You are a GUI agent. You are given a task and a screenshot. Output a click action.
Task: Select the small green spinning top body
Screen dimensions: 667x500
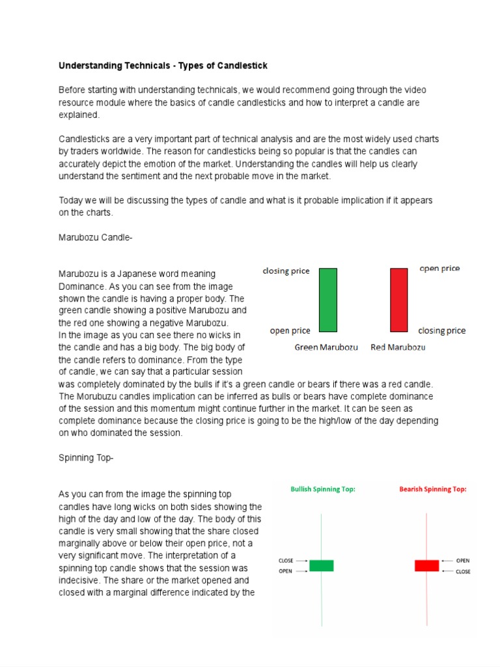pos(321,565)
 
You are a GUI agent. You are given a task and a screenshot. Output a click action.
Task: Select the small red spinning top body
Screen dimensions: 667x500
pos(426,565)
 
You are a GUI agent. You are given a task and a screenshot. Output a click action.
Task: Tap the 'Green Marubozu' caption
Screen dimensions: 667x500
pos(326,347)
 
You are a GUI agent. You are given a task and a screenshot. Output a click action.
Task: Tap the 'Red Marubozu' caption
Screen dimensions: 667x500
pos(398,347)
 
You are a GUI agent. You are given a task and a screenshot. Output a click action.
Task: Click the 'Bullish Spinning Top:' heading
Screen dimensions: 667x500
pos(323,489)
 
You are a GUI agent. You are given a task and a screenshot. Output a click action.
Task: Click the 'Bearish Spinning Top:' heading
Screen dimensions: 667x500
pos(433,489)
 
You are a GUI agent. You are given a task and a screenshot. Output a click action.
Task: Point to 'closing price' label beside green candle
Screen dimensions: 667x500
pos(286,271)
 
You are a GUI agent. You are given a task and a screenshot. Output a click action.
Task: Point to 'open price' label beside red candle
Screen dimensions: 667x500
pos(439,268)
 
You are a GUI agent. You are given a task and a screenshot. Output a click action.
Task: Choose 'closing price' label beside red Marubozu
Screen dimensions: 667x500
pos(441,330)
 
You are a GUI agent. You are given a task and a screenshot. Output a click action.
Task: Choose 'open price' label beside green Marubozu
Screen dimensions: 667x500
pos(290,331)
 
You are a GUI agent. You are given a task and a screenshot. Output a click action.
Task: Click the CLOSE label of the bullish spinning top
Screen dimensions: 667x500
pos(285,560)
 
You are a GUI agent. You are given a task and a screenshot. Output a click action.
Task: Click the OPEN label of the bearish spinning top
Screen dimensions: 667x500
pos(463,560)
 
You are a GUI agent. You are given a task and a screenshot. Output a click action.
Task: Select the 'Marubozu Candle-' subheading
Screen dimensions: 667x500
pos(96,238)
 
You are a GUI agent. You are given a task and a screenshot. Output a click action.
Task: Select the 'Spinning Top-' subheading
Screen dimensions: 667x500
pos(86,458)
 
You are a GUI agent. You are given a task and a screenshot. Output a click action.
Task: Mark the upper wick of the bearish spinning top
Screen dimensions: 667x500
pos(426,534)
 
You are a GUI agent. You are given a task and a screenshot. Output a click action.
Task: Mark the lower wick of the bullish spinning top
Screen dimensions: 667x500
pos(321,599)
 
